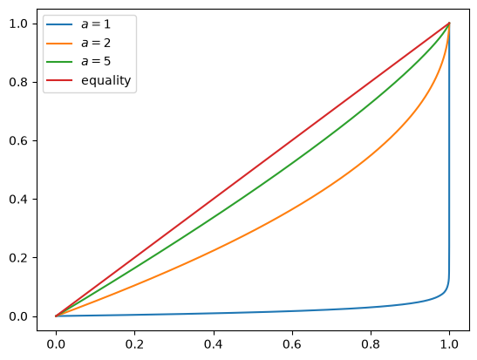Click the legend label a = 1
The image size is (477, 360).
pyautogui.click(x=96, y=24)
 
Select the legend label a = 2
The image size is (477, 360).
pyautogui.click(x=96, y=44)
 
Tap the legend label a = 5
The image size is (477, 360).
pyautogui.click(x=96, y=62)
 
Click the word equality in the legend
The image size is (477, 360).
pyautogui.click(x=106, y=80)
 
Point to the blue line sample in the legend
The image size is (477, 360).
pyautogui.click(x=59, y=24)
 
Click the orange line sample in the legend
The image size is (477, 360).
pyautogui.click(x=59, y=44)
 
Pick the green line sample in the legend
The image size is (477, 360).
pyautogui.click(x=59, y=62)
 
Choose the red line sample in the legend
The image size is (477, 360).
pyautogui.click(x=59, y=80)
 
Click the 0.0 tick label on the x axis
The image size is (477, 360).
pyautogui.click(x=56, y=344)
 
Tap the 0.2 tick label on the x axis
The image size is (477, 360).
pyautogui.click(x=134, y=344)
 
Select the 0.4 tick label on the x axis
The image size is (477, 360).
pyautogui.click(x=214, y=344)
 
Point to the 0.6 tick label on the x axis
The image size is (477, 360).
pyautogui.click(x=292, y=344)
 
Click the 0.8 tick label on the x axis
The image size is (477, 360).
pyautogui.click(x=371, y=344)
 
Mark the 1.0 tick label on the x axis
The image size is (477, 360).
pyautogui.click(x=449, y=344)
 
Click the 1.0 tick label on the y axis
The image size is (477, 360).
pyautogui.click(x=19, y=24)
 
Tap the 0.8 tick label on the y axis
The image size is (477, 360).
pyautogui.click(x=19, y=83)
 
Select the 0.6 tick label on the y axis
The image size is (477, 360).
pyautogui.click(x=19, y=141)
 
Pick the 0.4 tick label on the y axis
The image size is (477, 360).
pyautogui.click(x=19, y=199)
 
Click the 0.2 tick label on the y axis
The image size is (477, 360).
pyautogui.click(x=19, y=258)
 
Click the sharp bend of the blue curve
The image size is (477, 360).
pyautogui.click(x=446, y=289)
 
